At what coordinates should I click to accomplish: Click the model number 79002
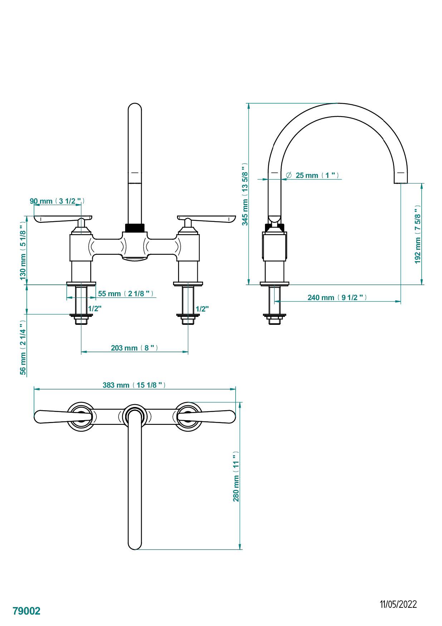pos(26,611)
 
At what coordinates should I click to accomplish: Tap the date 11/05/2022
pos(398,604)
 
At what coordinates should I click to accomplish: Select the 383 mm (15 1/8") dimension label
pos(134,385)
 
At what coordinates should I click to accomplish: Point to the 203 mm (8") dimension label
pos(134,348)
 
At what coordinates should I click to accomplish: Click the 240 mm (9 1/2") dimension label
pos(337,297)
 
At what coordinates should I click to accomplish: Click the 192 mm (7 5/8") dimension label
pos(417,234)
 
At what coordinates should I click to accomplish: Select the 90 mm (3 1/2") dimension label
pos(57,201)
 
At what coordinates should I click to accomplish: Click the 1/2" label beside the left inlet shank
pos(95,308)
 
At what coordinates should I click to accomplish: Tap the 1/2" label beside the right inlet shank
pos(202,309)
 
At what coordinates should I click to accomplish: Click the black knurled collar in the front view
pos(134,228)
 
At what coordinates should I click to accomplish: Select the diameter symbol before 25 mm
pos(289,175)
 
